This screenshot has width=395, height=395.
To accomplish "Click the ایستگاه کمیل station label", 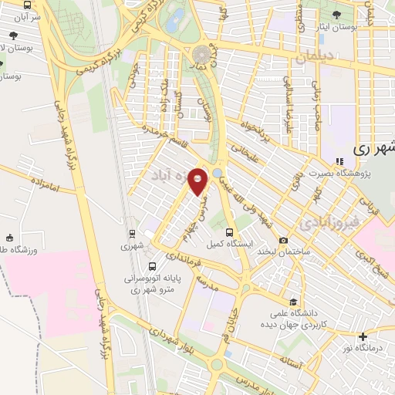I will click(229, 245).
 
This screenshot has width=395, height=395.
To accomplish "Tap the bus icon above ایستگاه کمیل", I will click(229, 231).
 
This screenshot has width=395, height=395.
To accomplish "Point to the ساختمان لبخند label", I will click(284, 253).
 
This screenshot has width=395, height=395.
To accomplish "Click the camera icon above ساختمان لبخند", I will click(284, 241).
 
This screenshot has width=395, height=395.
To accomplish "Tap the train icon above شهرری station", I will click(131, 233).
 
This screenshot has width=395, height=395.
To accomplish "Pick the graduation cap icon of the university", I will click(293, 302).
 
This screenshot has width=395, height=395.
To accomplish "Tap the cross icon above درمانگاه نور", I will click(363, 336).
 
